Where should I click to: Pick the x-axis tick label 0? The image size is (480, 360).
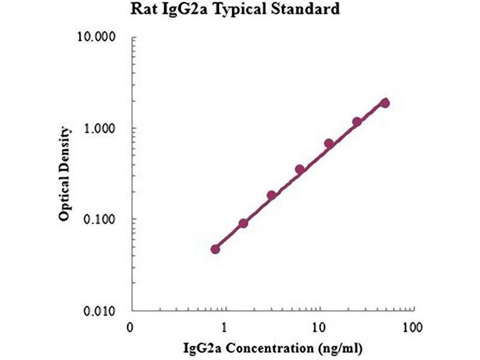(x=130, y=328)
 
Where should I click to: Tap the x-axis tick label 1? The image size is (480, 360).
(x=224, y=328)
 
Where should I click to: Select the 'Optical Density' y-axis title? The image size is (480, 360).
(x=65, y=174)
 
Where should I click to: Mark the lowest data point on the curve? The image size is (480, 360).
(x=215, y=249)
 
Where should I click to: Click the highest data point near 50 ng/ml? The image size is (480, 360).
(x=385, y=103)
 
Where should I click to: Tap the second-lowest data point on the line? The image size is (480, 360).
(x=244, y=223)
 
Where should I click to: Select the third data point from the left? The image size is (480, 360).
(x=271, y=195)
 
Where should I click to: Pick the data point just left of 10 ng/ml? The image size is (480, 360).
(x=300, y=169)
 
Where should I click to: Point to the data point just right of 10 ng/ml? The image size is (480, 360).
(x=329, y=143)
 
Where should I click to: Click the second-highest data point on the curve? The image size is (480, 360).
(x=357, y=122)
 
